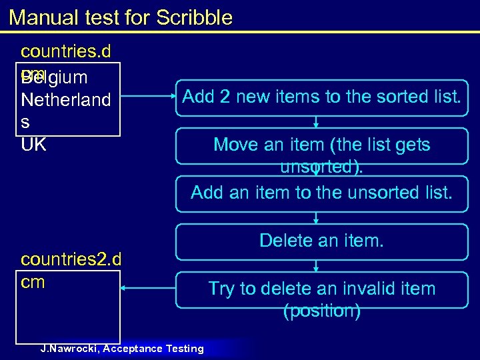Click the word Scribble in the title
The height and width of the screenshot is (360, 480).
point(194,17)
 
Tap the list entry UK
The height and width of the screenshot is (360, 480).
point(34,144)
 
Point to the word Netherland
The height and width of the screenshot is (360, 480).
point(65,100)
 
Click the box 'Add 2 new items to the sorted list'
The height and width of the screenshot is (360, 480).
point(321,97)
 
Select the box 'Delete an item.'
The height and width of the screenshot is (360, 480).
point(321,241)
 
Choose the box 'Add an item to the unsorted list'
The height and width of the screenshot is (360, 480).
point(321,193)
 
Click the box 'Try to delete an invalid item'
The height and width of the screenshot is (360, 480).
point(321,289)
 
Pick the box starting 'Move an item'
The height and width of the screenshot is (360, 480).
point(321,145)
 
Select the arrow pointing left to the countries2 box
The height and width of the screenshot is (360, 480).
point(147,289)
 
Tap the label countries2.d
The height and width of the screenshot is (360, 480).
point(71,260)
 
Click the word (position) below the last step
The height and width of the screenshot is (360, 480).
point(322,311)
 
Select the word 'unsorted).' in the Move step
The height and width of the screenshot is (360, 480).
point(322,167)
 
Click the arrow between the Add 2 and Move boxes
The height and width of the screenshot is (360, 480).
point(317,121)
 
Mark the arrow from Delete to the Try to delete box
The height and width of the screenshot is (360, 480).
point(317,265)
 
